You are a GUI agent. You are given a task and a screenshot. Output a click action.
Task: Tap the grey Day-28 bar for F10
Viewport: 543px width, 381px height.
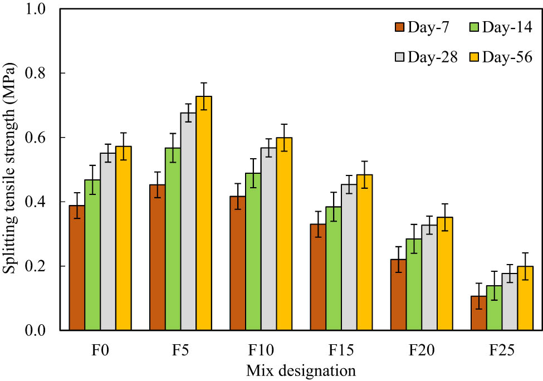point(268,239)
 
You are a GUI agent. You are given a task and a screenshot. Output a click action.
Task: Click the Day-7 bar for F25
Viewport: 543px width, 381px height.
point(478,313)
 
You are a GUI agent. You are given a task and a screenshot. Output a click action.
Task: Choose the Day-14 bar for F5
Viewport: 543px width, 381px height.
point(173,239)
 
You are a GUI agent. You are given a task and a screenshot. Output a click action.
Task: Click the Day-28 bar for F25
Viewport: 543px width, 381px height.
point(510,301)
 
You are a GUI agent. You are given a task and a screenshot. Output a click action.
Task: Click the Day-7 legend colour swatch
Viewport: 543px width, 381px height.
point(399,27)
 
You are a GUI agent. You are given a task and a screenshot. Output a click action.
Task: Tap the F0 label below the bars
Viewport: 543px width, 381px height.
point(100,351)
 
